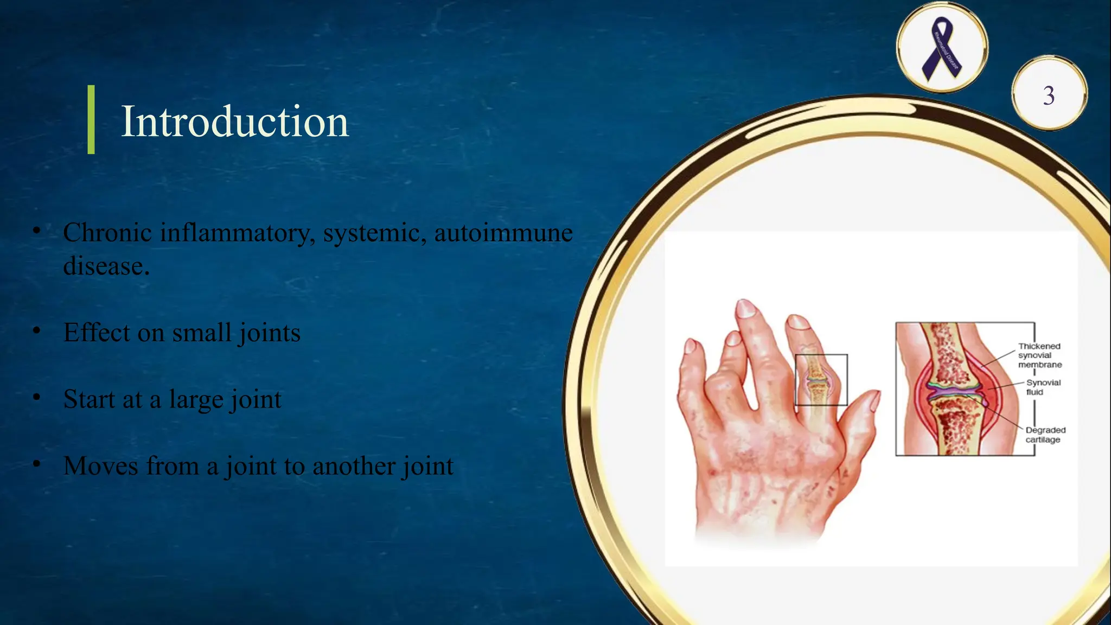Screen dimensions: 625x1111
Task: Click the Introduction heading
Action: click(234, 121)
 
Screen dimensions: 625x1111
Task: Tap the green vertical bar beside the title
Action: click(91, 119)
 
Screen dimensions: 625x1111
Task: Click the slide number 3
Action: click(1049, 95)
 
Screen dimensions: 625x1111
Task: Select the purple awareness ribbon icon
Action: click(942, 48)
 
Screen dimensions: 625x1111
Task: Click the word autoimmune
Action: click(503, 233)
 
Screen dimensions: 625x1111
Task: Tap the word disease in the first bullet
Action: click(106, 266)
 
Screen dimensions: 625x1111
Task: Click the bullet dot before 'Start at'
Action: click(36, 398)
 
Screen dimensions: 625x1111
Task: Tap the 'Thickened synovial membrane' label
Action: click(1039, 355)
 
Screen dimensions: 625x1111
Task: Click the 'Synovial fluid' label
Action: click(1043, 387)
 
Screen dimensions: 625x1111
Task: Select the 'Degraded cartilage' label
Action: click(1045, 435)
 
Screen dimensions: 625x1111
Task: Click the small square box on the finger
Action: click(821, 380)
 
